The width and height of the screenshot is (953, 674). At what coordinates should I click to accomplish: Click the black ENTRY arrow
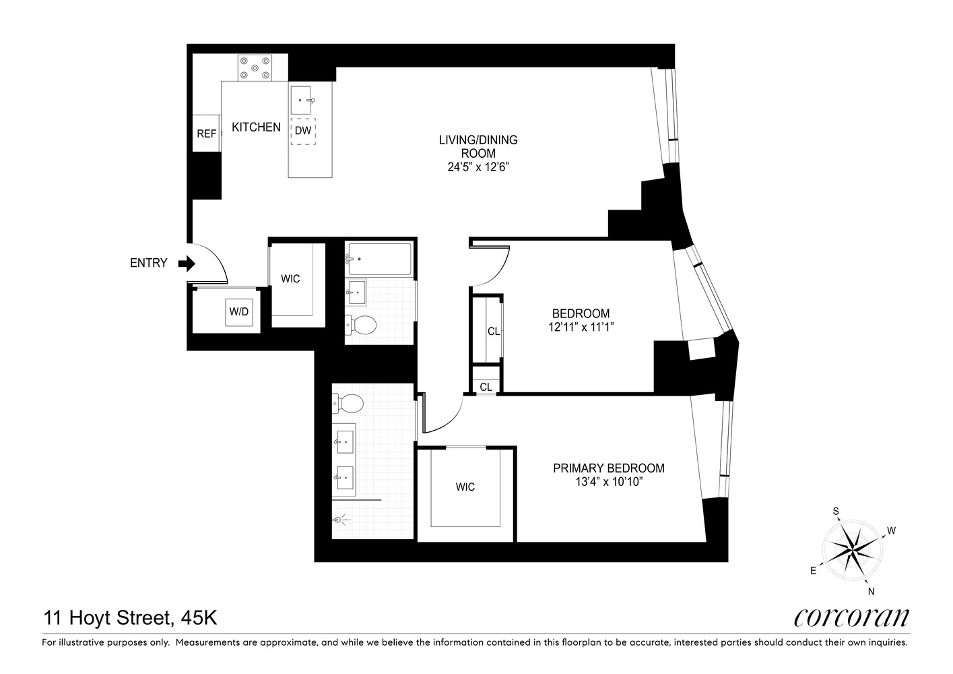186,264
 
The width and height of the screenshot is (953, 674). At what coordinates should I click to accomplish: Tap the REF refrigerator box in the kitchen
206,133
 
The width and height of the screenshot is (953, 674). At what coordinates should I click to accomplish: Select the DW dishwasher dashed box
303,131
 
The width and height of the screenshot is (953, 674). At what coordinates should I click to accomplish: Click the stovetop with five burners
255,67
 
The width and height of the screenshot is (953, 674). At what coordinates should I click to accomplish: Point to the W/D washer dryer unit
239,312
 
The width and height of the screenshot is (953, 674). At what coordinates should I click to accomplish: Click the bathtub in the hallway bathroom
379,259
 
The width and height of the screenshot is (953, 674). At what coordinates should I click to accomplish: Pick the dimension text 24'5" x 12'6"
478,166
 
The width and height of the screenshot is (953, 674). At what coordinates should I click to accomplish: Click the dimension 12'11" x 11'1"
581,327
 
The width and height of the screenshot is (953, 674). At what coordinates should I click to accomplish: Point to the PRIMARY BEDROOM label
608,468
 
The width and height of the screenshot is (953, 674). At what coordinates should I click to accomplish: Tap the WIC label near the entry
290,278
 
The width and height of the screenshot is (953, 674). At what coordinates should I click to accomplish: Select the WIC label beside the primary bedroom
465,487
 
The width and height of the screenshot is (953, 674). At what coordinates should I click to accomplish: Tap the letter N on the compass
872,592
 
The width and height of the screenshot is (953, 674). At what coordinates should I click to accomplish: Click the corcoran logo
851,617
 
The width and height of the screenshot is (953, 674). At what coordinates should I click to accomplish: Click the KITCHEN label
256,127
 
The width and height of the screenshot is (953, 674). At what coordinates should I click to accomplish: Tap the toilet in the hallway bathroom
362,326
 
